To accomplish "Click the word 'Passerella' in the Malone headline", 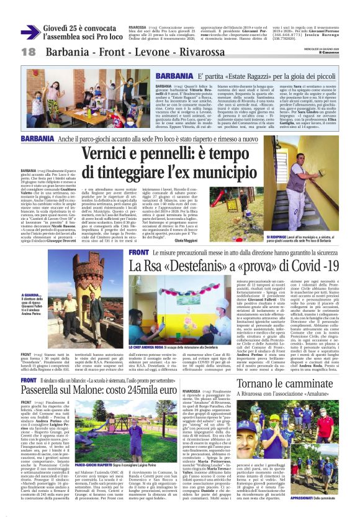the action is pos(50,371).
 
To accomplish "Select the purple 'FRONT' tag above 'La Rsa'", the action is pos(139,253).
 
